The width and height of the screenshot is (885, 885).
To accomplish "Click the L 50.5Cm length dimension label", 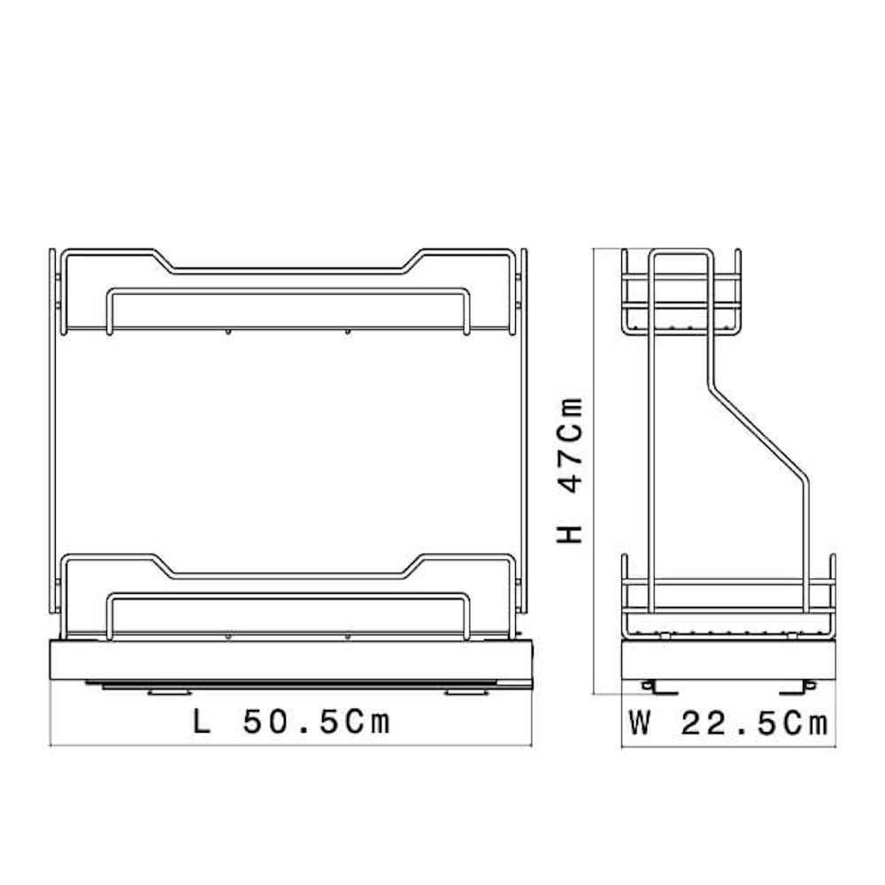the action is pyautogui.click(x=291, y=722).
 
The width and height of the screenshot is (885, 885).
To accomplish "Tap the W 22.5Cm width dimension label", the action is pyautogui.click(x=728, y=723).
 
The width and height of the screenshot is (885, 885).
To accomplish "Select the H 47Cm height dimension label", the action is pyautogui.click(x=569, y=471).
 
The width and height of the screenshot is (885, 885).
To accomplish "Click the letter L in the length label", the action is pyautogui.click(x=201, y=722).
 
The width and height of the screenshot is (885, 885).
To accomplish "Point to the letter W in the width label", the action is pyautogui.click(x=640, y=723).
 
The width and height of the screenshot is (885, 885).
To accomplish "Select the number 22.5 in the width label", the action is pyautogui.click(x=728, y=723).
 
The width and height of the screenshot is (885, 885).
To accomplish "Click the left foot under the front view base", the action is pyautogui.click(x=168, y=691).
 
